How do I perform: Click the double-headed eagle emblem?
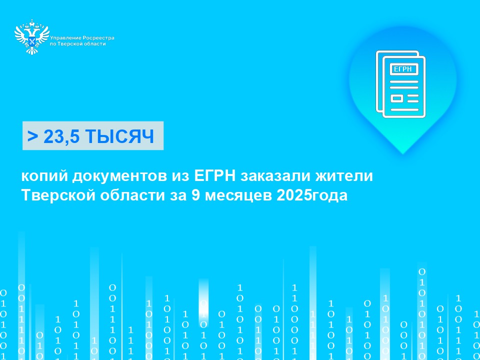point(32,36)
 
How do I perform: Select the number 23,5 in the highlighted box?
point(61,136)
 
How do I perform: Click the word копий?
point(44,177)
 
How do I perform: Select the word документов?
point(119,177)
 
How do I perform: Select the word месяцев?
point(238,196)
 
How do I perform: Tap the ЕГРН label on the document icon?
point(403,69)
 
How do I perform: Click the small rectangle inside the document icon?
point(396,98)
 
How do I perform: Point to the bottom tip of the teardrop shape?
point(403,153)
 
